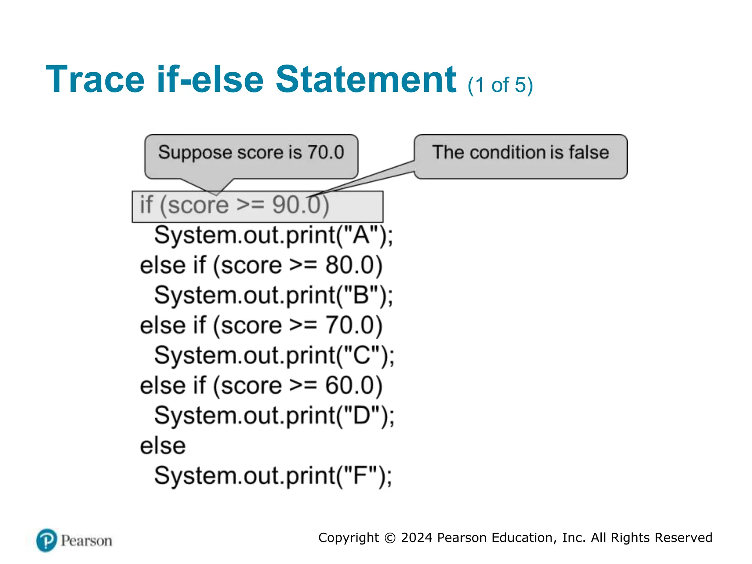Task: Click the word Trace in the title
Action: [x=95, y=79]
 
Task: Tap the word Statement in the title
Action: [x=366, y=79]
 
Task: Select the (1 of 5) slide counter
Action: [x=500, y=85]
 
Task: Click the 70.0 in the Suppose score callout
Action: [x=326, y=152]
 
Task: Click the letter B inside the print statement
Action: [x=361, y=295]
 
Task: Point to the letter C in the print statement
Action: [x=361, y=355]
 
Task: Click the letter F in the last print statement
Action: [x=360, y=476]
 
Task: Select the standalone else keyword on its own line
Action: [x=163, y=446]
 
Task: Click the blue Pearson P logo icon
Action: [x=47, y=540]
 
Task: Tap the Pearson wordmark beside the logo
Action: [x=86, y=541]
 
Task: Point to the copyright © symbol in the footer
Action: [x=390, y=538]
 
